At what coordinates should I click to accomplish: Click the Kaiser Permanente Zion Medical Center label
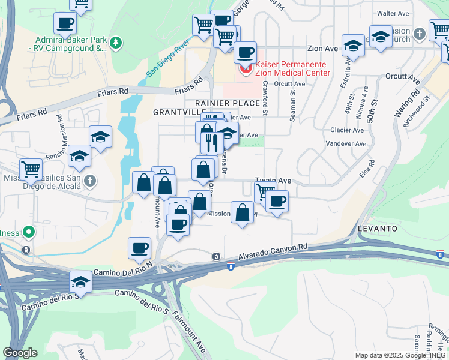point(293,68)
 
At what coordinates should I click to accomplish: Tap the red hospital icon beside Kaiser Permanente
point(245,68)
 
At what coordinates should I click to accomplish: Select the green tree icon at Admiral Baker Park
point(116,42)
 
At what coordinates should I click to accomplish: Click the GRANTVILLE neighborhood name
point(179,112)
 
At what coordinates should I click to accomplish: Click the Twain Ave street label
point(273,180)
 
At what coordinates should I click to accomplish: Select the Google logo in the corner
point(20,353)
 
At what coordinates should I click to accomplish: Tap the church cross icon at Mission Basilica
point(89,181)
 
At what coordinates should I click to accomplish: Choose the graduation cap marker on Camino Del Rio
point(80,281)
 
